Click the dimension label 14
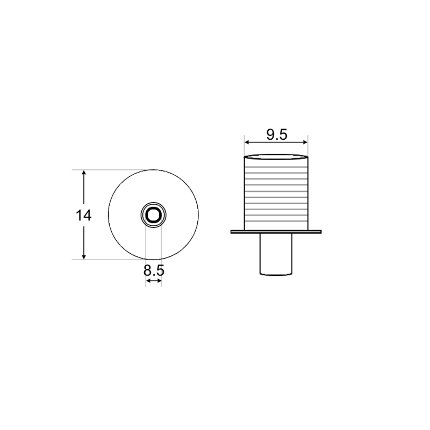click(x=83, y=216)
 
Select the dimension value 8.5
click(x=154, y=270)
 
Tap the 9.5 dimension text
click(x=277, y=135)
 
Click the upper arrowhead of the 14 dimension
click(x=84, y=173)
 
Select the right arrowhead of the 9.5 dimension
click(x=305, y=142)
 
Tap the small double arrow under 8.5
click(x=154, y=281)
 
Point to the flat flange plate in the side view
click(x=276, y=232)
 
